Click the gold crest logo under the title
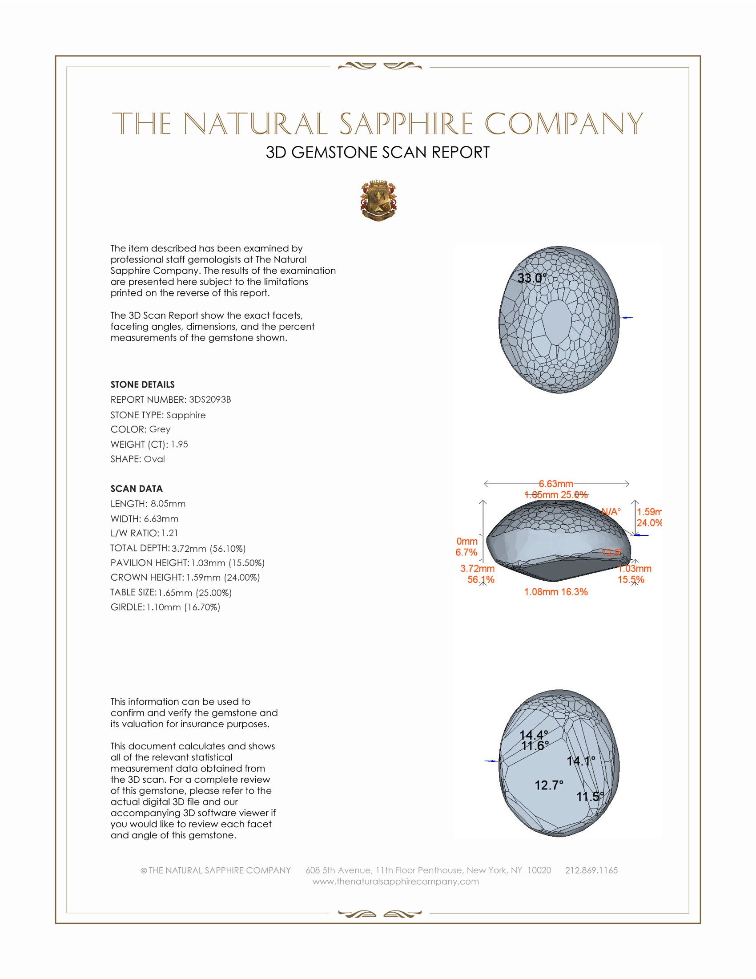point(378,201)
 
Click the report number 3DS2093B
point(209,400)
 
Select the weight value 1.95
point(179,444)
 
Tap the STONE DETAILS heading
point(142,384)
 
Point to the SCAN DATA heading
point(137,489)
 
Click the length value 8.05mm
point(168,503)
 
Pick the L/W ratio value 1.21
point(170,533)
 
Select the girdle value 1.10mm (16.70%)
point(183,607)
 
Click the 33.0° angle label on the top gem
point(532,278)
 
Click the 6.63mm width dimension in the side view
point(556,484)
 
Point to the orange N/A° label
point(611,511)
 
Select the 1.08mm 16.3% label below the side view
point(556,592)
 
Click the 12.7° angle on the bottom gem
point(549,785)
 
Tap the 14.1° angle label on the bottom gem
point(581,761)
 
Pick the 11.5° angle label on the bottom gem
point(590,797)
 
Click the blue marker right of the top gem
point(627,317)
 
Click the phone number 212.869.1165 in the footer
point(591,870)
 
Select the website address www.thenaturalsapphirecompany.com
point(395,881)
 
